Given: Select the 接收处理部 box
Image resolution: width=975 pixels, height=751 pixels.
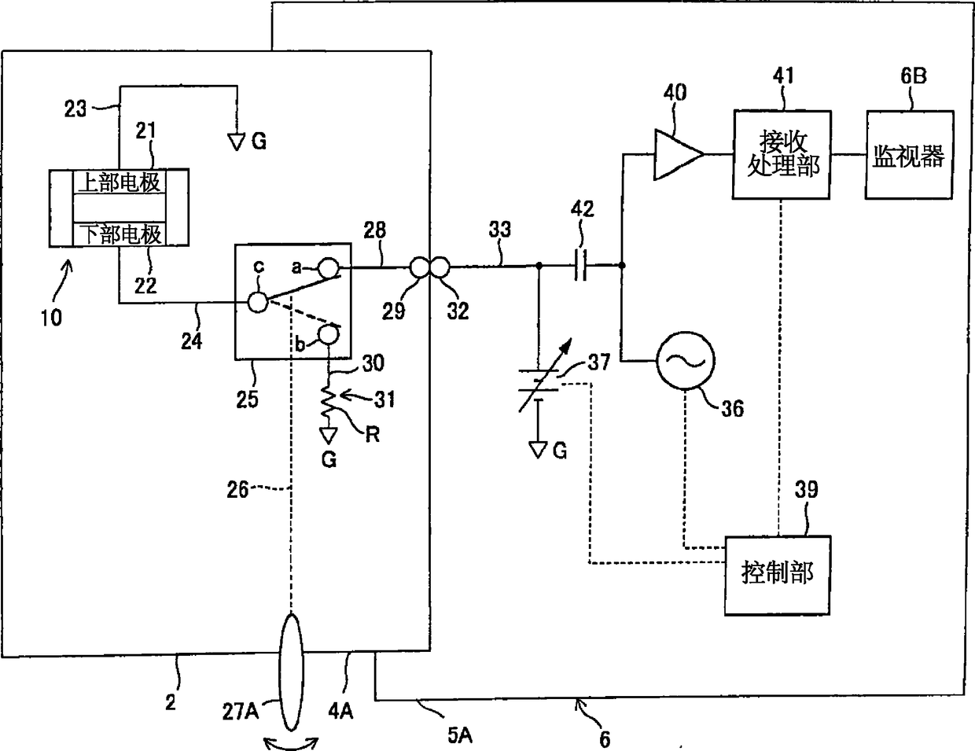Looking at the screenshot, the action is (x=782, y=154).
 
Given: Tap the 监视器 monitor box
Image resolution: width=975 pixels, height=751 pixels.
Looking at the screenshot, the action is (x=909, y=154).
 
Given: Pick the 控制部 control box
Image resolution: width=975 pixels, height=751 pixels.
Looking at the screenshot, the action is (x=778, y=575).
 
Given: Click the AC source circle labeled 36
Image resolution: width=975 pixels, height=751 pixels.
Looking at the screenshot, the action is (x=686, y=361).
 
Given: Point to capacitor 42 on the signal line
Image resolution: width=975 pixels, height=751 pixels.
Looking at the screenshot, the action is (x=580, y=266).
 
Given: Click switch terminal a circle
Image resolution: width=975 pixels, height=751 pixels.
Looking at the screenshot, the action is (x=329, y=268).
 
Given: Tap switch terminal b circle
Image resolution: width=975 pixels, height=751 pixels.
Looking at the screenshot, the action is (x=329, y=335).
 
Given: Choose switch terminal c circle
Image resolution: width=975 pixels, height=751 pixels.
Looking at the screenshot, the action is (x=258, y=303).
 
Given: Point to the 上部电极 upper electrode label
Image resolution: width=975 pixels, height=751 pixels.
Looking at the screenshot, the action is (x=120, y=182).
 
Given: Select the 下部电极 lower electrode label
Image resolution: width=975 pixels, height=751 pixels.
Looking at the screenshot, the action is (x=121, y=234).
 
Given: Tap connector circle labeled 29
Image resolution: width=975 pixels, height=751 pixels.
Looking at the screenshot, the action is (x=420, y=268).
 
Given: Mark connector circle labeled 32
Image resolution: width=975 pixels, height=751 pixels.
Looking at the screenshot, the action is (x=440, y=268).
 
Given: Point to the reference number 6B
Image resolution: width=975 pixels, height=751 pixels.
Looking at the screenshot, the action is (x=914, y=75).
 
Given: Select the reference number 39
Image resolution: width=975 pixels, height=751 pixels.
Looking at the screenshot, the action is (x=806, y=489).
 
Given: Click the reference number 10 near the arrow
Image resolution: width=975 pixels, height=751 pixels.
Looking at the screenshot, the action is (x=51, y=318).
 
